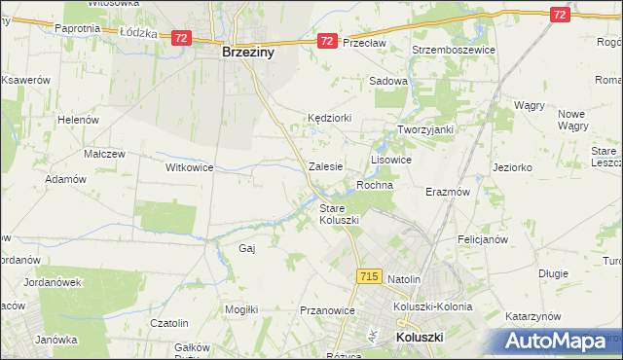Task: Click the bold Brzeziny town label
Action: (x=247, y=54)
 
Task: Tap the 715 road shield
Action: (x=368, y=277)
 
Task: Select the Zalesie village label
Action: (x=325, y=166)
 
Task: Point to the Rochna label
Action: (x=375, y=185)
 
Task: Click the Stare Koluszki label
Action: (x=340, y=214)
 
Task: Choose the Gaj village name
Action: (x=246, y=248)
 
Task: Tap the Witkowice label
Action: (x=189, y=167)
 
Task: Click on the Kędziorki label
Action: (x=329, y=118)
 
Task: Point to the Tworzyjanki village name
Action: (x=425, y=129)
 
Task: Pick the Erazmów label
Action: (x=448, y=192)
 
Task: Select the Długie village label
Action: (x=553, y=273)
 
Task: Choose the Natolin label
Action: (x=404, y=279)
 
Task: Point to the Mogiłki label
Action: (x=240, y=309)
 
